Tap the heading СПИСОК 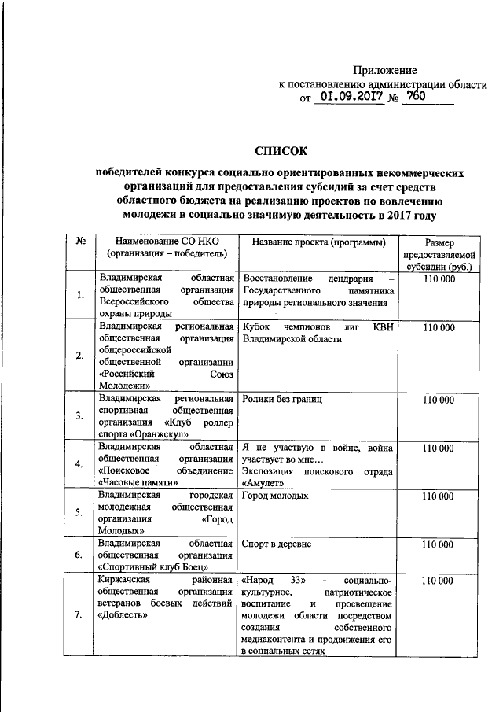point(281,149)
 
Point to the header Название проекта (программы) point(314,242)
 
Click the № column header point(80,242)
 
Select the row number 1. point(80,295)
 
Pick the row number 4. point(80,463)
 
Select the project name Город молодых point(276,496)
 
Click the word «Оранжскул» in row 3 point(160,433)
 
